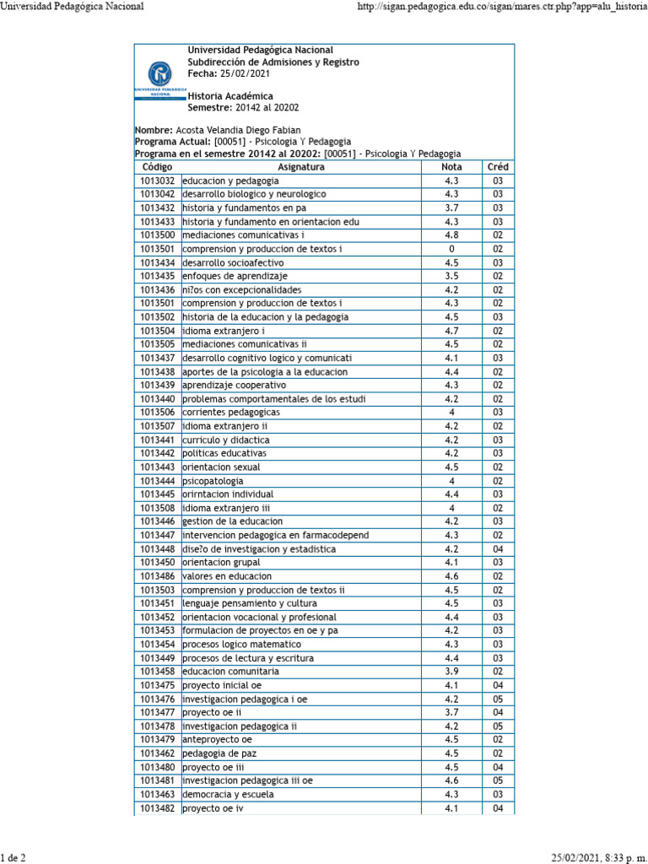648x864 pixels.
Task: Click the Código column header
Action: pos(158,167)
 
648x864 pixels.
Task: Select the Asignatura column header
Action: pos(300,167)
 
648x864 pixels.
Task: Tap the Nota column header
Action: pos(451,167)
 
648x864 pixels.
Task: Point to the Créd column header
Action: pos(498,167)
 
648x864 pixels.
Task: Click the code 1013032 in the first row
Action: pos(158,181)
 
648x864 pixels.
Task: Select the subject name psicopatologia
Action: pos(213,481)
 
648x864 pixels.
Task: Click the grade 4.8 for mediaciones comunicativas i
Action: pos(451,235)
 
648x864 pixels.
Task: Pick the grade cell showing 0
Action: pos(451,249)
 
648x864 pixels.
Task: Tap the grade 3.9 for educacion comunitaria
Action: pos(451,672)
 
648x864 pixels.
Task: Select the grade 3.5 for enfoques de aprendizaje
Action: pos(451,276)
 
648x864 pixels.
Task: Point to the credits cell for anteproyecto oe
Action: pos(498,740)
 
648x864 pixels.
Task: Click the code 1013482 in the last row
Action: pos(158,808)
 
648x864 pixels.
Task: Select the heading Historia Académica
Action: pos(229,97)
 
